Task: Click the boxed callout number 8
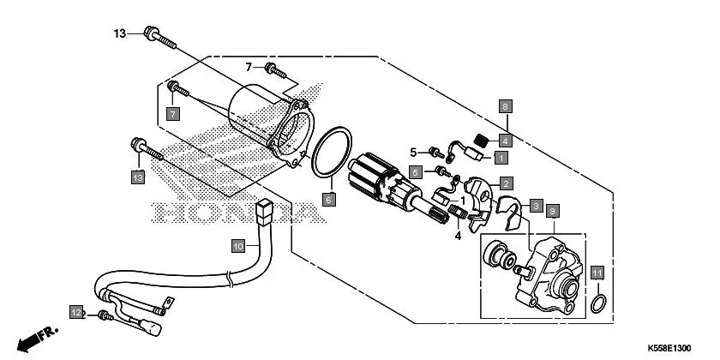506,107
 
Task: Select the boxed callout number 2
507,183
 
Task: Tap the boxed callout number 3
535,207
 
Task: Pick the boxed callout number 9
553,211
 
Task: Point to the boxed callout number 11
598,273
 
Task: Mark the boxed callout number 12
76,312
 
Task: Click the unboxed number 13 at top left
120,33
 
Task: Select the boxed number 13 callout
137,177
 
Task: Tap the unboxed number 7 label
249,67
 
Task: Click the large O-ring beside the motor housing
330,154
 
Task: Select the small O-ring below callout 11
600,302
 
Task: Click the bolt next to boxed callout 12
105,315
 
